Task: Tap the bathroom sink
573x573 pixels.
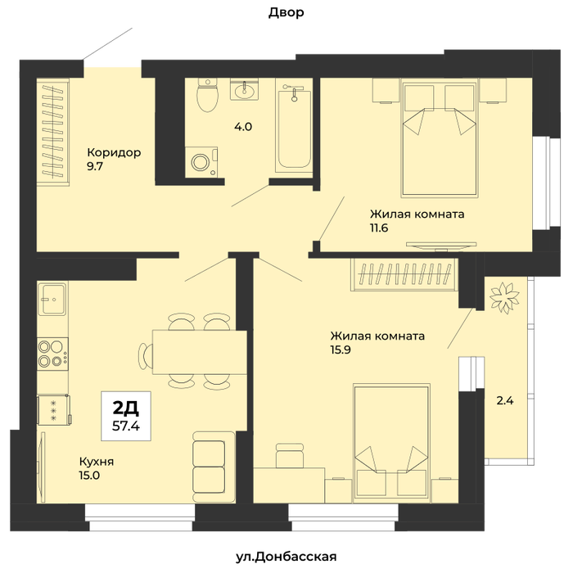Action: point(244,89)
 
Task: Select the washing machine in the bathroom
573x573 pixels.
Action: point(201,162)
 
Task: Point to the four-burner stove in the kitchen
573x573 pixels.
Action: point(52,354)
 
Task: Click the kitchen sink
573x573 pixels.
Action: point(52,299)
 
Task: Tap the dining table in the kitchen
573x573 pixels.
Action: point(200,352)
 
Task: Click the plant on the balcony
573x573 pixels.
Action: point(504,297)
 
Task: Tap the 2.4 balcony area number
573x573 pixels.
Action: point(505,401)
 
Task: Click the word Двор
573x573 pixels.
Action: point(286,13)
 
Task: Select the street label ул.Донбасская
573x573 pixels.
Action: point(286,557)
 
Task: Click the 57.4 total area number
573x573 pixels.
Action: point(126,426)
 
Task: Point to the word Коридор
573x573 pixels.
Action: point(114,153)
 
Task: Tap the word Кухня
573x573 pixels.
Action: point(97,462)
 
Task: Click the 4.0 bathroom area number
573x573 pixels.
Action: point(243,127)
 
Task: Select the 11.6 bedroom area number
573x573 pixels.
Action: point(379,228)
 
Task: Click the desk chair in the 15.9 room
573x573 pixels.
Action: point(290,455)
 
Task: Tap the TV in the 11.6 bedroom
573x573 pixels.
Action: point(441,246)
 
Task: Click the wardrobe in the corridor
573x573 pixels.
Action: point(53,132)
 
